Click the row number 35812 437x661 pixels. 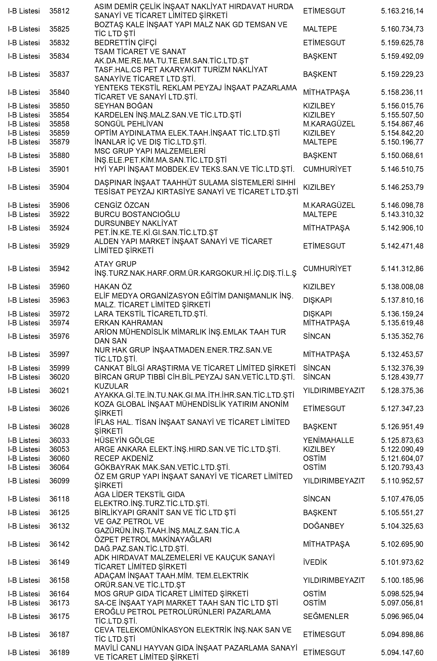point(59,11)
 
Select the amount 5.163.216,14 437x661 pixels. point(402,11)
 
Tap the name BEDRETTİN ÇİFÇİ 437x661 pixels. point(125,43)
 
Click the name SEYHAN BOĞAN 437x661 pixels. point(123,106)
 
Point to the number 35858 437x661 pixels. point(59,124)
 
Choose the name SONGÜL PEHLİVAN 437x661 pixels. point(129,124)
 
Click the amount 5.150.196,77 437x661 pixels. point(402,142)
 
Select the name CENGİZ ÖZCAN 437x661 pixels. point(122,205)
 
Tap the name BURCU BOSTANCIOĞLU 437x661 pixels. point(137,215)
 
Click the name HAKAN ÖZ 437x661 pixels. point(113,287)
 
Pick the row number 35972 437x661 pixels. point(59,314)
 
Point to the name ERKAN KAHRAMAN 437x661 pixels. point(128,323)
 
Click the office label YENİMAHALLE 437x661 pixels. point(328,441)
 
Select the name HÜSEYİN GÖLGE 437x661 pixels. point(124,441)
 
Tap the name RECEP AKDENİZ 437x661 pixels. point(124,459)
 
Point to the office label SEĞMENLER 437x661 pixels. point(326,617)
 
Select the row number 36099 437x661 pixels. point(59,481)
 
